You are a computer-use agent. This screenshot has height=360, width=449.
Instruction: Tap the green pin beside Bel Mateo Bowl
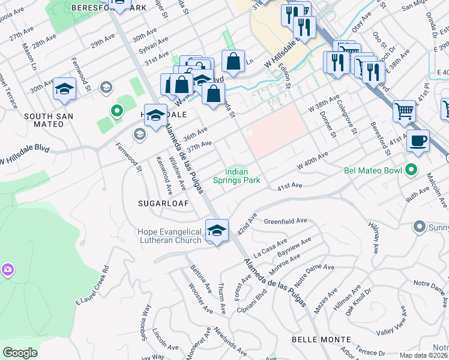(411, 170)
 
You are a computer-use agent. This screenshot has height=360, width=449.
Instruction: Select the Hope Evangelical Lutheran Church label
(169, 236)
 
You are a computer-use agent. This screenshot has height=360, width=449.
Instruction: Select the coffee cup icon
(418, 142)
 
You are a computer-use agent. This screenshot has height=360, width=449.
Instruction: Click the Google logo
(20, 353)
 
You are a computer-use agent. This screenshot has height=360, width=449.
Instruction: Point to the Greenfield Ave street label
(285, 221)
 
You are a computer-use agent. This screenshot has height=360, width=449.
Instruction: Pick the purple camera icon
(8, 269)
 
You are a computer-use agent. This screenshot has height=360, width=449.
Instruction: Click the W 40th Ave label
(312, 160)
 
